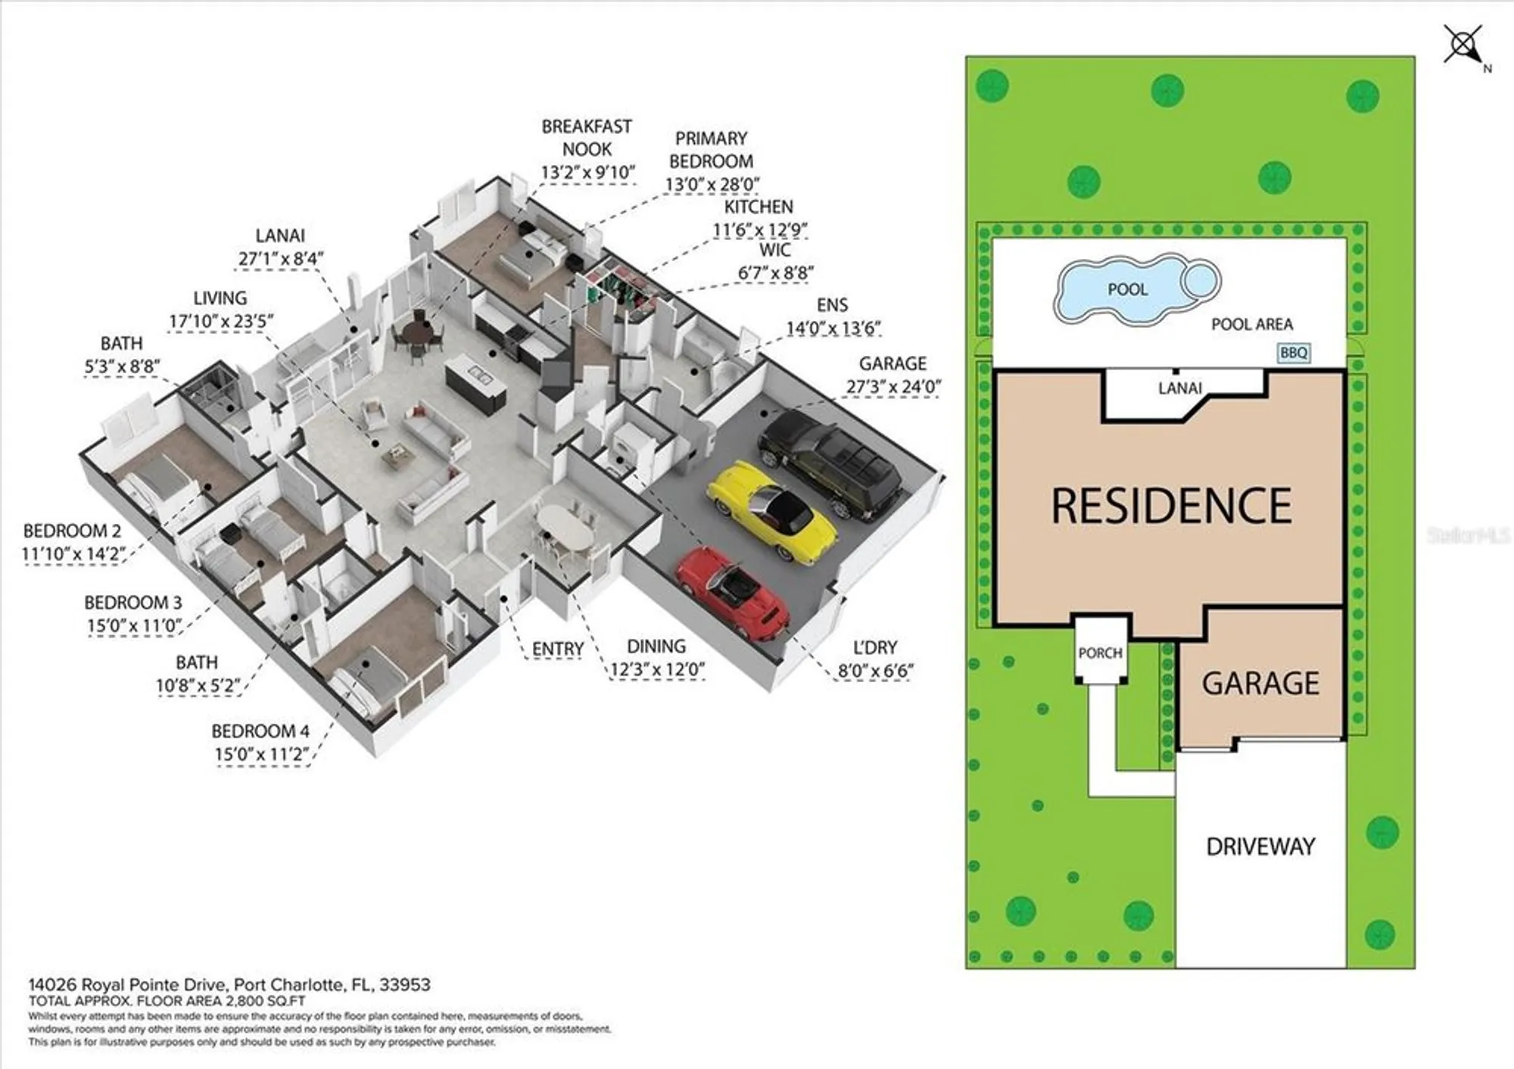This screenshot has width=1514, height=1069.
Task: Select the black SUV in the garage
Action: tap(831, 462)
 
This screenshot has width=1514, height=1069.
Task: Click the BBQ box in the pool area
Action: tap(1293, 353)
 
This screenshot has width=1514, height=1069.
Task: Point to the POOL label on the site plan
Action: tap(1127, 289)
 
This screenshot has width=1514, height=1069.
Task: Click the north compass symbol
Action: tap(1465, 45)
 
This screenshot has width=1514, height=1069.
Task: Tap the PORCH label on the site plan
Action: tap(1100, 653)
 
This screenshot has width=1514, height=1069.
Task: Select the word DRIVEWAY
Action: tap(1260, 846)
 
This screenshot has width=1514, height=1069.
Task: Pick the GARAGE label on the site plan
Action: tap(1260, 683)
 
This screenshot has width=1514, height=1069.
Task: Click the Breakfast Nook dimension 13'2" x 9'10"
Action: tap(587, 173)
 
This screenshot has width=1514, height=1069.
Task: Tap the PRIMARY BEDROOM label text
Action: tap(711, 150)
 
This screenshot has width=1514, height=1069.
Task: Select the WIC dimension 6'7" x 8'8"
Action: tap(775, 273)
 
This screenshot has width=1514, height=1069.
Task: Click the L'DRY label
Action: tap(874, 647)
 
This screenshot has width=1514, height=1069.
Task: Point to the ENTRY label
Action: tap(557, 649)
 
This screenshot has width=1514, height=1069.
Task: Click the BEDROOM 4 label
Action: tap(260, 731)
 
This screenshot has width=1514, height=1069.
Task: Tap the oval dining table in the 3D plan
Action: tap(565, 527)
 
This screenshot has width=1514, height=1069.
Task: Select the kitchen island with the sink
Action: tap(475, 385)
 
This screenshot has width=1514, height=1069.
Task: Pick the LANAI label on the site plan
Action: tap(1179, 388)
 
